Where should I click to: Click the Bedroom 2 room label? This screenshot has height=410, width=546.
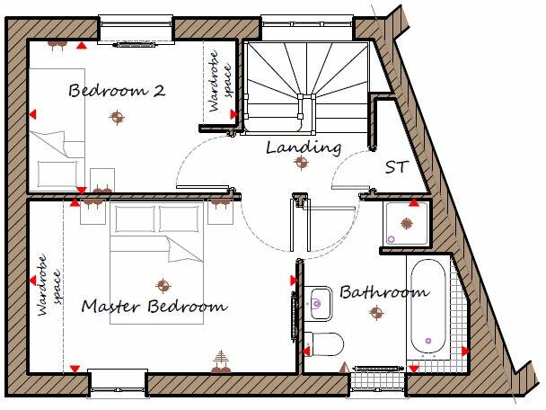point(117,91)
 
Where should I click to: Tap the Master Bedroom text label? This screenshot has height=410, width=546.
point(154,307)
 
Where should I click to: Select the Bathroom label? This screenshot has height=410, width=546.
point(383,292)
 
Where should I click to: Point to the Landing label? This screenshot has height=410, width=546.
point(304,147)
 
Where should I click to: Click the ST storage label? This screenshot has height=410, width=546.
point(396,167)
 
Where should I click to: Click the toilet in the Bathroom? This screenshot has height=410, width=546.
point(322,343)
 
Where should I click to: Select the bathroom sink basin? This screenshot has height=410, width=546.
point(317,303)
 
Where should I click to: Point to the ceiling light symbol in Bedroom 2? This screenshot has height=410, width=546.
point(115,115)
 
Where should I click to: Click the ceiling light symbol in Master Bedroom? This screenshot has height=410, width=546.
point(163,284)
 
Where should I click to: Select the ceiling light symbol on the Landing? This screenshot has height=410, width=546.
point(304,163)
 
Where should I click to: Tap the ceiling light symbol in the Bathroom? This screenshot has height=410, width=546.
point(376,313)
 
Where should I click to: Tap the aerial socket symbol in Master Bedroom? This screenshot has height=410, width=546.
point(220,361)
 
